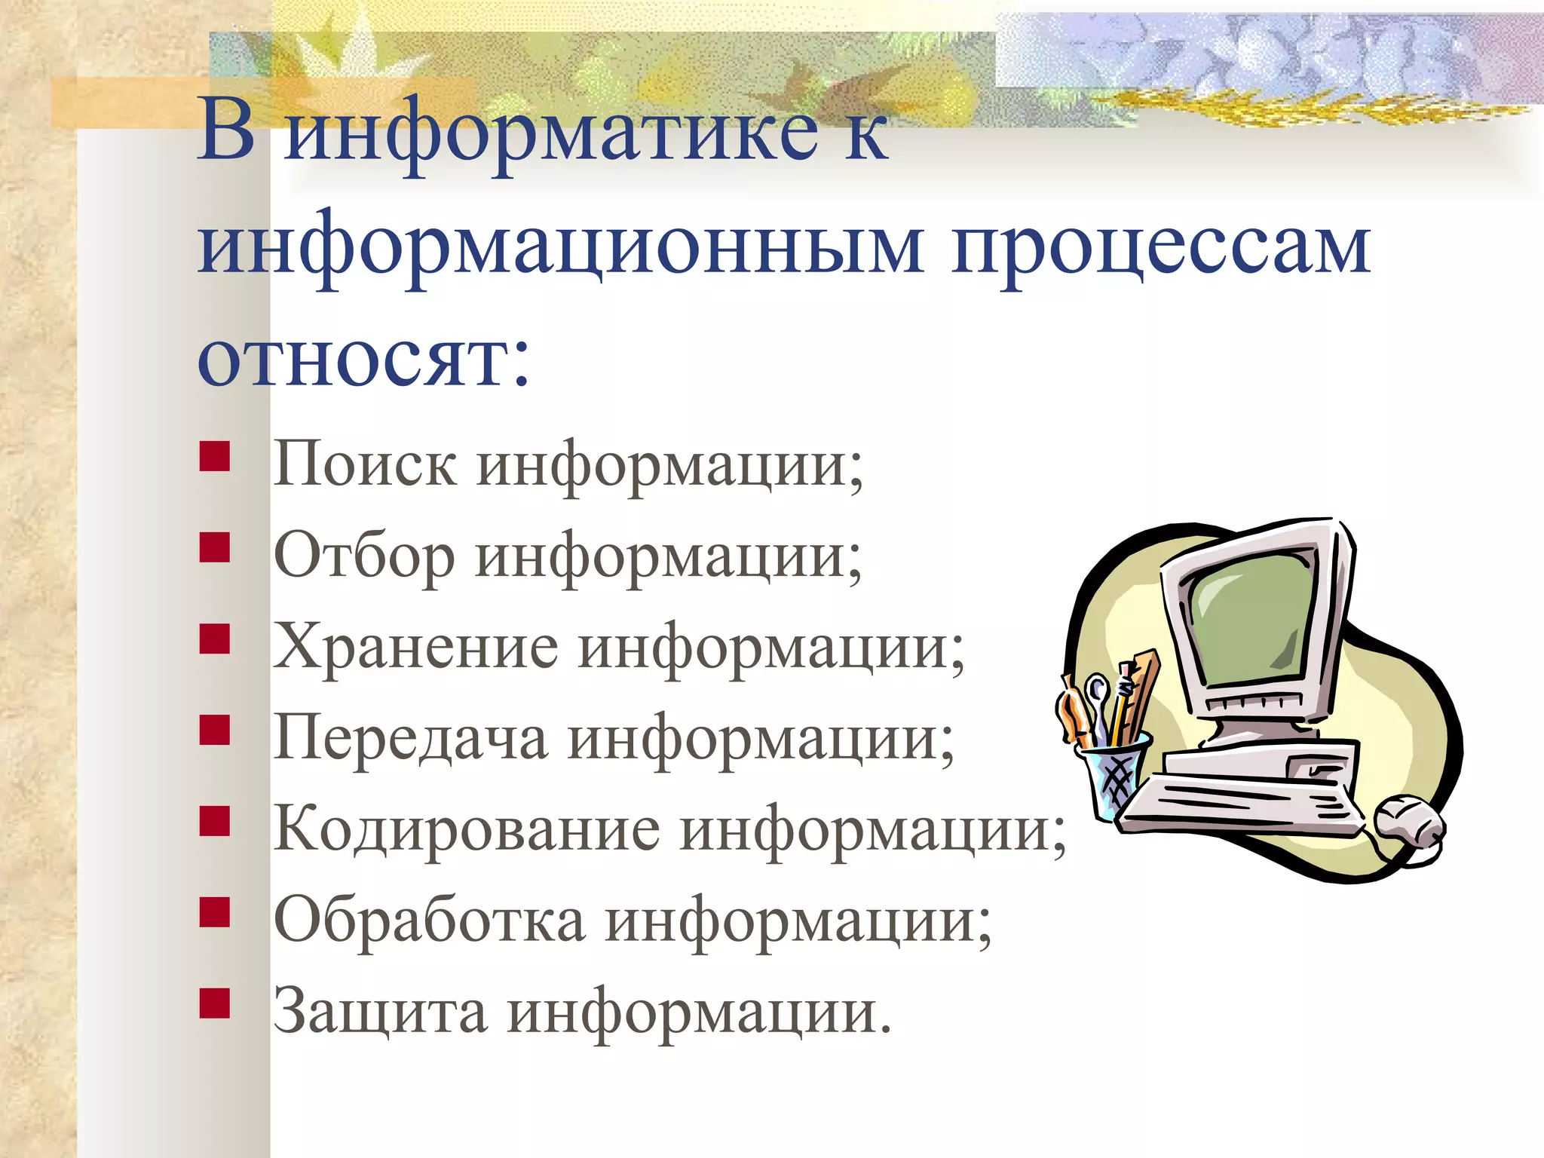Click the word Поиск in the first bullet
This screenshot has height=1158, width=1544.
364,464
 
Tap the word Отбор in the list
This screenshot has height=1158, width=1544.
364,556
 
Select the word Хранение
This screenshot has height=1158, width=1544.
415,647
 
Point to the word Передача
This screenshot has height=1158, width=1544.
410,738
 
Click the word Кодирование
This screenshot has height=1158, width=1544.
466,829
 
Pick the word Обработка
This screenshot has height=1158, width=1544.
429,921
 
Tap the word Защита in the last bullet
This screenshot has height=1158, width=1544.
380,1012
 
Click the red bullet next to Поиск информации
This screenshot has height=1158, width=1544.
215,457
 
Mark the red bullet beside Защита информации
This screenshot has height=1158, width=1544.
215,1004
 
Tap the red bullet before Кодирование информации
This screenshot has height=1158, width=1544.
215,822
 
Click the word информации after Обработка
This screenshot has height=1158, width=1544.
799,921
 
